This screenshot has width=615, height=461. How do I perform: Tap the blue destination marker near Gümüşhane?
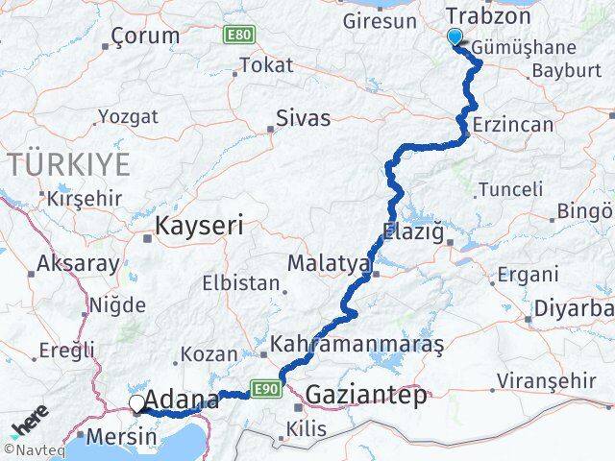click(455, 37)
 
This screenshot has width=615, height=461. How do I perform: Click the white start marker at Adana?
click(137, 404)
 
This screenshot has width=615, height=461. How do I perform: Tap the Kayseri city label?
click(199, 226)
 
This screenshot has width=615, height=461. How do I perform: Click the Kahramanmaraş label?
click(357, 344)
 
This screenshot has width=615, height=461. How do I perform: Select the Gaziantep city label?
click(366, 396)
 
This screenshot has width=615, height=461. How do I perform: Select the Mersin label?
click(121, 437)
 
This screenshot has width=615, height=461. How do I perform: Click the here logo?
click(31, 425)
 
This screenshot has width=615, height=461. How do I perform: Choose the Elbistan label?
click(240, 284)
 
